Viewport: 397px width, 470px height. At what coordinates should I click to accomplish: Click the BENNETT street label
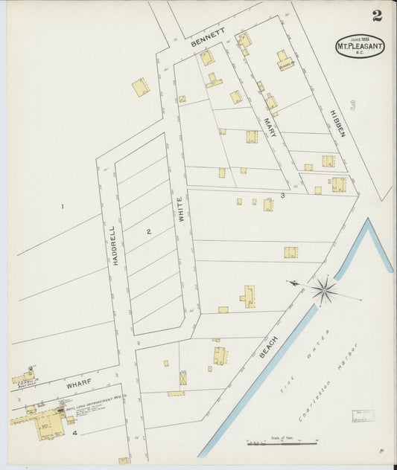tap(208, 38)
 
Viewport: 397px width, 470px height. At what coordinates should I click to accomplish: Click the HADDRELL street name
tap(114, 245)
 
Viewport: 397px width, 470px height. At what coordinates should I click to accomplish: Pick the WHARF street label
tap(78, 384)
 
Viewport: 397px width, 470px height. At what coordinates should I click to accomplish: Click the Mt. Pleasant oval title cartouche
tap(360, 46)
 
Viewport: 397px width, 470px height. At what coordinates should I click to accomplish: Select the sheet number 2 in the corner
tap(377, 16)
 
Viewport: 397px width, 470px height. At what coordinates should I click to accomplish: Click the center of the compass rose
tap(324, 289)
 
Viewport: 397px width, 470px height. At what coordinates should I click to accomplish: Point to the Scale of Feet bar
tap(282, 443)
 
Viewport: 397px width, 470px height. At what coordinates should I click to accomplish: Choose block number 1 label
tap(63, 207)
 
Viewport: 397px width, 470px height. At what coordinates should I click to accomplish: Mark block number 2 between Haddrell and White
tap(148, 232)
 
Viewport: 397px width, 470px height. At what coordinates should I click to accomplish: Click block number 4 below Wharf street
tap(74, 432)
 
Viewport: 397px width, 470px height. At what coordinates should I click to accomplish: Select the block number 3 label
tap(282, 196)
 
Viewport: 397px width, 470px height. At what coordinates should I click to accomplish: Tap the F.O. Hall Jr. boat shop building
tap(23, 378)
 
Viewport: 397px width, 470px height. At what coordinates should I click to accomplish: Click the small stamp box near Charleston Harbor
tap(363, 416)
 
